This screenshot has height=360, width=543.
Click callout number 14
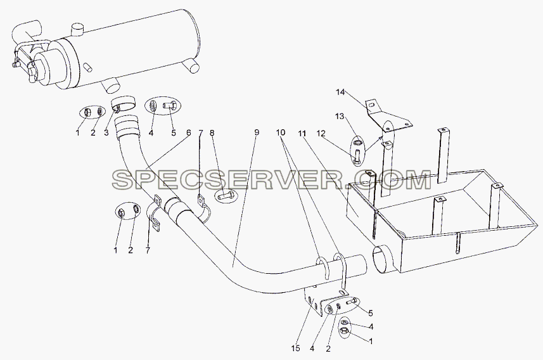tap(340, 92)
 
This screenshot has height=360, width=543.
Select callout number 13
tap(340, 116)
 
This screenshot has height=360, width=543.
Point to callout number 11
tap(302, 132)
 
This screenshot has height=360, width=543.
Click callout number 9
tap(256, 132)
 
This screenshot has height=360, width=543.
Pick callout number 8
tap(212, 132)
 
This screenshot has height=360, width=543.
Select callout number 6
tap(188, 132)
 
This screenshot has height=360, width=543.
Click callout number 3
tap(106, 132)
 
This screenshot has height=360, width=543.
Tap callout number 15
tap(295, 349)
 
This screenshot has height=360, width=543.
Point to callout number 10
tap(281, 132)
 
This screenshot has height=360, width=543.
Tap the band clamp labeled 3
tap(124, 103)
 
